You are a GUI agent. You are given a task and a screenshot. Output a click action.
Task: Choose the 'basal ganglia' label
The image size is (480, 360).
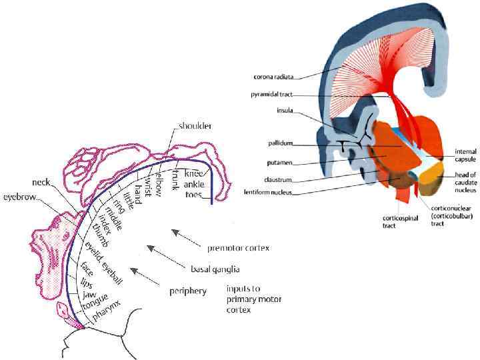pos(215,269)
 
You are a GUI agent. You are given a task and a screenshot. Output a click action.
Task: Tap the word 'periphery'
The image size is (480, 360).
pos(187,291)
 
